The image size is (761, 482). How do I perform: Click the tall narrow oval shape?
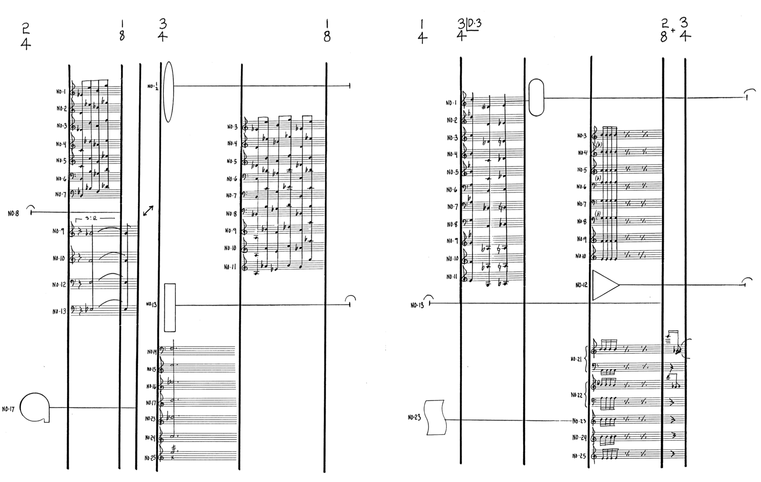click(x=168, y=92)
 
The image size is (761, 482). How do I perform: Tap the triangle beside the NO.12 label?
click(x=604, y=285)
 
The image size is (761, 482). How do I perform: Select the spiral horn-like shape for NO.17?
click(x=34, y=408)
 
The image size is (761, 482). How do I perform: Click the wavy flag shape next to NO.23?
click(x=435, y=417)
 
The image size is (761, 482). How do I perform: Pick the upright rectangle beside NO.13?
click(x=170, y=307)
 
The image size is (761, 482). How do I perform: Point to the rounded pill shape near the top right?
click(x=536, y=97)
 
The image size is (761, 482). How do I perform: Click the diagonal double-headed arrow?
click(x=148, y=211)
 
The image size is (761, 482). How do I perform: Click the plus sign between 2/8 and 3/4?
click(x=673, y=30)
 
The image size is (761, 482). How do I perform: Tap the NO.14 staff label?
click(x=152, y=351)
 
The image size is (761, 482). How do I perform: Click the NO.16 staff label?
click(x=151, y=386)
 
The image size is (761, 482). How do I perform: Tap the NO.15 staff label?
click(x=151, y=369)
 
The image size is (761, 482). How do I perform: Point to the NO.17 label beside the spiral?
click(x=8, y=409)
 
